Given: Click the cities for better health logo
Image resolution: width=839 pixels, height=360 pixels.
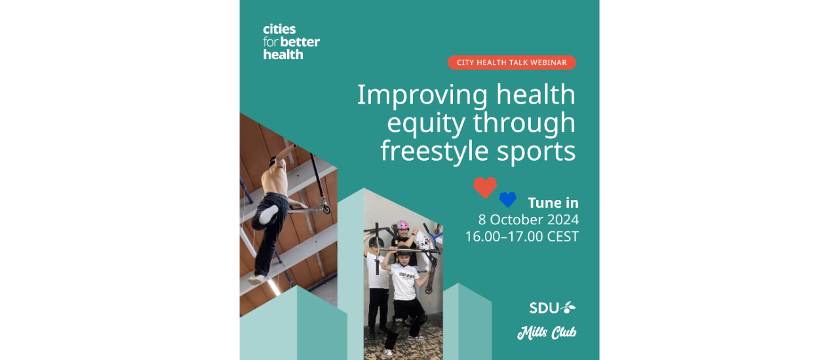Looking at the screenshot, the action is [291, 42].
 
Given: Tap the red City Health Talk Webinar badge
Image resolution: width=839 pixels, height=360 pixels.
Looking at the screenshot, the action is [512, 62].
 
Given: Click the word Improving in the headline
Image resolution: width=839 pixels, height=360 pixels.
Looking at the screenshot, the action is [423, 96].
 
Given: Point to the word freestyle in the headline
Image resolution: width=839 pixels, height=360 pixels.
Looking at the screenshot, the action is [435, 151].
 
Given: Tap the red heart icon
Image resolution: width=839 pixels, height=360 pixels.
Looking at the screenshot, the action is [485, 187].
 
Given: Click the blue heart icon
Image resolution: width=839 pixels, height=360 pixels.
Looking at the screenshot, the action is [508, 199].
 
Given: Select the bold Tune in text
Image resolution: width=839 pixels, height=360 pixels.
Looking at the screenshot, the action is [553, 203].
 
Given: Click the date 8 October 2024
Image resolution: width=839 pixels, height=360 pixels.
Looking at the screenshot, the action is [528, 220].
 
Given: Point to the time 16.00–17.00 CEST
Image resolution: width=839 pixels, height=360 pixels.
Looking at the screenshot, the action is [522, 236].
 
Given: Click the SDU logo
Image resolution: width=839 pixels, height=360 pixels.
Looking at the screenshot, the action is [553, 308].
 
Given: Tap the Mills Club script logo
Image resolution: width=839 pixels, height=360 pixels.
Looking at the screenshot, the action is [547, 332].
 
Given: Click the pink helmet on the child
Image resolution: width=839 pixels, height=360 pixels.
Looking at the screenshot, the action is [402, 225].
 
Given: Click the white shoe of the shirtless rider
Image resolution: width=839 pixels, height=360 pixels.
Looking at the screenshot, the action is [269, 214].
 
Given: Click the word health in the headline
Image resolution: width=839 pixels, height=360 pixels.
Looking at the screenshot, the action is [536, 94].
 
